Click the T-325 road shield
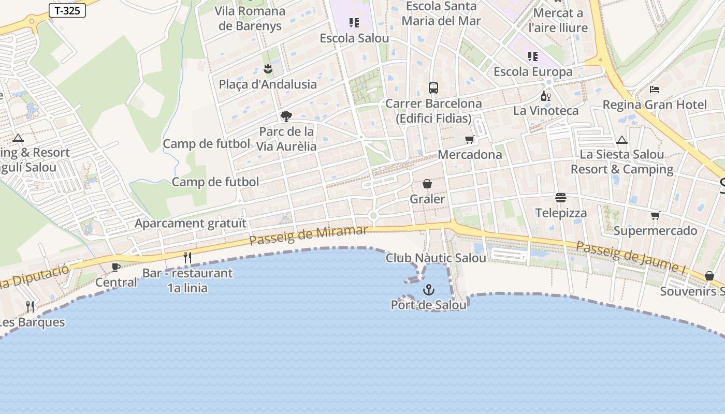click(x=67, y=10)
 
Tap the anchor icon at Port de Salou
click(x=429, y=289)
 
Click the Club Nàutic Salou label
click(x=436, y=258)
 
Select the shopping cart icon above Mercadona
click(x=470, y=139)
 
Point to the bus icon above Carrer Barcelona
click(x=433, y=88)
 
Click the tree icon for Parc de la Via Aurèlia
click(x=286, y=116)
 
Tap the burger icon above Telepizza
click(x=561, y=197)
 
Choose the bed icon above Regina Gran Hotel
click(x=655, y=89)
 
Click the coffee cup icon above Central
click(x=116, y=267)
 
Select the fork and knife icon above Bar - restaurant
click(x=187, y=257)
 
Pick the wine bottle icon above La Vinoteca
click(x=545, y=96)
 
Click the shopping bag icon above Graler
click(x=427, y=184)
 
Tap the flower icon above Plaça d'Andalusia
click(x=268, y=68)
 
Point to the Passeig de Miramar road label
click(x=309, y=235)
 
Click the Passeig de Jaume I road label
click(x=630, y=256)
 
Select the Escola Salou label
click(x=354, y=38)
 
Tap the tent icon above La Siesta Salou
click(x=622, y=140)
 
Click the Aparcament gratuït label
click(x=191, y=224)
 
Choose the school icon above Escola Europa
click(x=533, y=56)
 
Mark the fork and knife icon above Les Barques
click(x=30, y=307)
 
